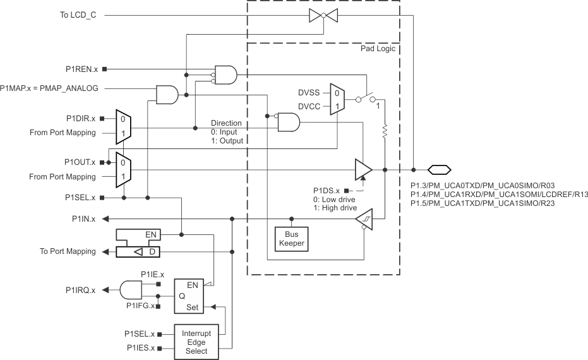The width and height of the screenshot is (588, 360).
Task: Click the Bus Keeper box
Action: click(x=291, y=238)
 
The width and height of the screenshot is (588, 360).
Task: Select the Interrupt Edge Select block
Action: click(x=196, y=342)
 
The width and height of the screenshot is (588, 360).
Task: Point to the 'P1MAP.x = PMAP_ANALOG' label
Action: click(x=49, y=88)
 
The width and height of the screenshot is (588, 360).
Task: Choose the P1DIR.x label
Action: click(x=81, y=118)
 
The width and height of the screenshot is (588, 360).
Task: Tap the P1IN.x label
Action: click(x=83, y=219)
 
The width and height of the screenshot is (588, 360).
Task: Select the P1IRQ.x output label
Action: click(x=81, y=290)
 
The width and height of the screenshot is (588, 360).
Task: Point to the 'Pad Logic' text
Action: click(x=377, y=49)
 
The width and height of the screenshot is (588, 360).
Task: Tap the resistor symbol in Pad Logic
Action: click(x=385, y=133)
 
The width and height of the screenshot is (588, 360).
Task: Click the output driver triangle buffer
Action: click(x=363, y=169)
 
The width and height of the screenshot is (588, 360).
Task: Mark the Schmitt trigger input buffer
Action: click(x=363, y=219)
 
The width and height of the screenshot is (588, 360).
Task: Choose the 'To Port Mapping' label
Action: click(x=68, y=251)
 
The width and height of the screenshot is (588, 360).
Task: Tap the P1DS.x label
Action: click(x=327, y=190)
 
